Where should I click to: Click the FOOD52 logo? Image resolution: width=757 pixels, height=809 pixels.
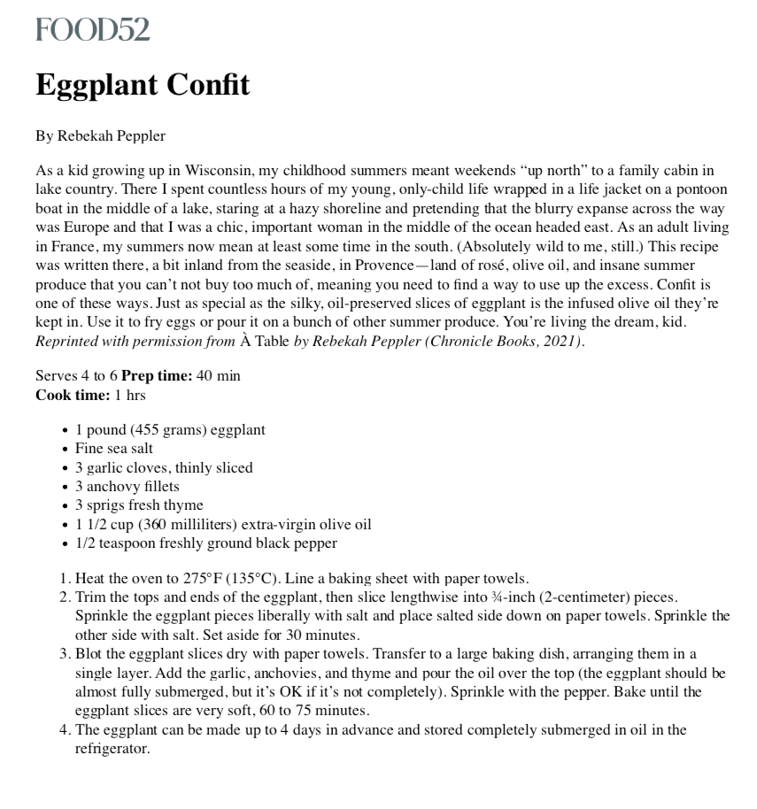(92, 30)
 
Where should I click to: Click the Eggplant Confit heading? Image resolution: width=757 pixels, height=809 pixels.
(143, 86)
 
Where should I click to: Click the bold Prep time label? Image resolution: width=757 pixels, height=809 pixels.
(157, 375)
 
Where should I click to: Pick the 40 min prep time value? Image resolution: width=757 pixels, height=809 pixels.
(218, 375)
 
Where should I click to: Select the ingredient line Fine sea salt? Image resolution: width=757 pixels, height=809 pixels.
(114, 449)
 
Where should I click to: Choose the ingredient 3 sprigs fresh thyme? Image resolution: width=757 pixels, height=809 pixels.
(140, 505)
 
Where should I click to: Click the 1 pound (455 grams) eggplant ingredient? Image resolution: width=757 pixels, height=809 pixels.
(170, 430)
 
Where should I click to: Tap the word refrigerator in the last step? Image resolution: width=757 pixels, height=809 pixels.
(112, 748)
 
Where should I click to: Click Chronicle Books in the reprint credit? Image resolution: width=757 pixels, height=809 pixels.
(480, 341)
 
